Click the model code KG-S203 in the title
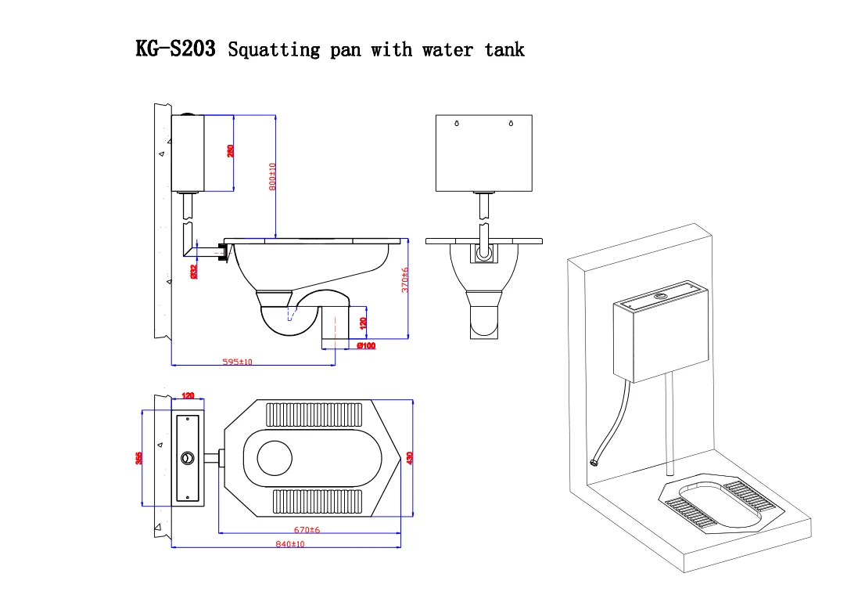click(176, 49)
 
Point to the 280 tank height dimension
click(231, 150)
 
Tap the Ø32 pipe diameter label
click(193, 271)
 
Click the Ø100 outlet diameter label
click(365, 345)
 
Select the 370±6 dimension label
click(404, 280)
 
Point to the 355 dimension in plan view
click(139, 459)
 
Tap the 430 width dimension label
click(409, 457)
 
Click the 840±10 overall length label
click(289, 543)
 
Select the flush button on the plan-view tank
click(187, 458)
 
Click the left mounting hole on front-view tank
click(457, 124)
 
